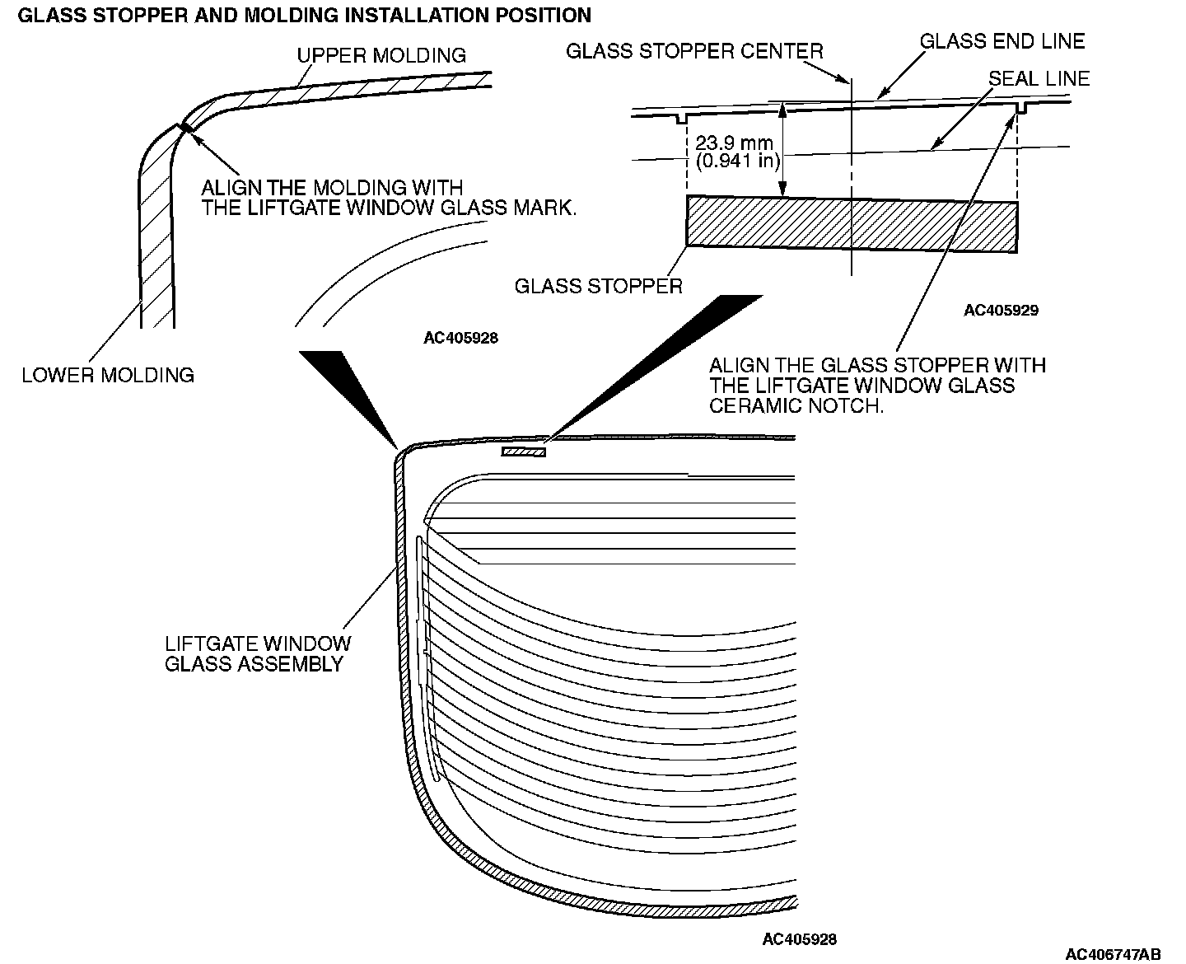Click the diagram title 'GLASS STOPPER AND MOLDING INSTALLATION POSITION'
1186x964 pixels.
tap(304, 15)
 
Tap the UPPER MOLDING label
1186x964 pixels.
tap(381, 55)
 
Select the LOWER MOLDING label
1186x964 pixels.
tap(108, 376)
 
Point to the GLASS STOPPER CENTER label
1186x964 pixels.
tap(694, 51)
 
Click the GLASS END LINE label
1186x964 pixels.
tap(1002, 40)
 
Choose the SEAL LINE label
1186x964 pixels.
tap(1039, 78)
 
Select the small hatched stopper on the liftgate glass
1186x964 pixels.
tap(524, 452)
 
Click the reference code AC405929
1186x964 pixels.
tap(1002, 311)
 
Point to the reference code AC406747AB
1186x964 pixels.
tap(1113, 954)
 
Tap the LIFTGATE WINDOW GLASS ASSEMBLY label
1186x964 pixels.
tap(258, 653)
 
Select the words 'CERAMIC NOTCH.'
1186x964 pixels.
tap(796, 406)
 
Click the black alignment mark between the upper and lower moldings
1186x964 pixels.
tap(186, 127)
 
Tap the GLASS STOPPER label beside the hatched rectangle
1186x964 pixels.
tap(598, 286)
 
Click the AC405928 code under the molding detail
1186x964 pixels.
tap(461, 338)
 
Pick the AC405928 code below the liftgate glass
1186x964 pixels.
tap(800, 938)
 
